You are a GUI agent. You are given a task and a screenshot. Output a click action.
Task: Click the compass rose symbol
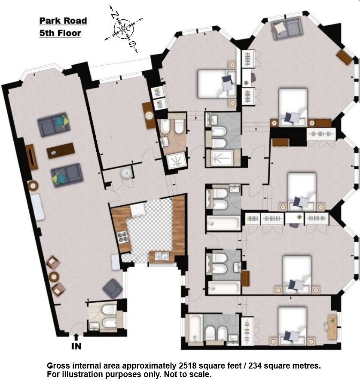tap(124, 29)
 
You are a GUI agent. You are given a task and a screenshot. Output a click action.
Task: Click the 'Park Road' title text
tap(63, 21)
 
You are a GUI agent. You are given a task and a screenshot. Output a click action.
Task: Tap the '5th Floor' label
tap(60, 33)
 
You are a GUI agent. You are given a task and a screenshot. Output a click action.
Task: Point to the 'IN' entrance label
tap(76, 346)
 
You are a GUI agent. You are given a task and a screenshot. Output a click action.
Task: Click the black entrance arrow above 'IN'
tap(76, 337)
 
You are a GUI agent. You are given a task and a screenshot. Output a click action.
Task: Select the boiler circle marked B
tap(126, 173)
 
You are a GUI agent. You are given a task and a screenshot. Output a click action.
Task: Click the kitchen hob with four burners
tap(123, 237)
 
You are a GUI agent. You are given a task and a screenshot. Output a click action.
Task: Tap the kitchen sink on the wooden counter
tap(162, 256)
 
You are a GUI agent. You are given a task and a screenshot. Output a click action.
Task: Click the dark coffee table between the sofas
tap(61, 151)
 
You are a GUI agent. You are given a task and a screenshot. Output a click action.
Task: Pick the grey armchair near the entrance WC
tap(113, 289)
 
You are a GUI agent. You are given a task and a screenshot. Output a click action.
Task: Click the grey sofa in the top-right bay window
tap(287, 28)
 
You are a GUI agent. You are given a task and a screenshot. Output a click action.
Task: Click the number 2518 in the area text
tap(188, 366)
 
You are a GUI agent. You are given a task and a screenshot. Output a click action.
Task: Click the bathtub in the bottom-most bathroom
tap(195, 329)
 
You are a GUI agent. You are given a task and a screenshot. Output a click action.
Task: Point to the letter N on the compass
tap(115, 15)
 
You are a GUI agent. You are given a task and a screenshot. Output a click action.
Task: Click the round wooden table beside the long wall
tap(33, 186)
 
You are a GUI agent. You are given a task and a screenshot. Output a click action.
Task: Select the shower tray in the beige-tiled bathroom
tap(176, 161)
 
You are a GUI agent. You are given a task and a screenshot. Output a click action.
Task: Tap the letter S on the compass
tap(132, 44)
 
